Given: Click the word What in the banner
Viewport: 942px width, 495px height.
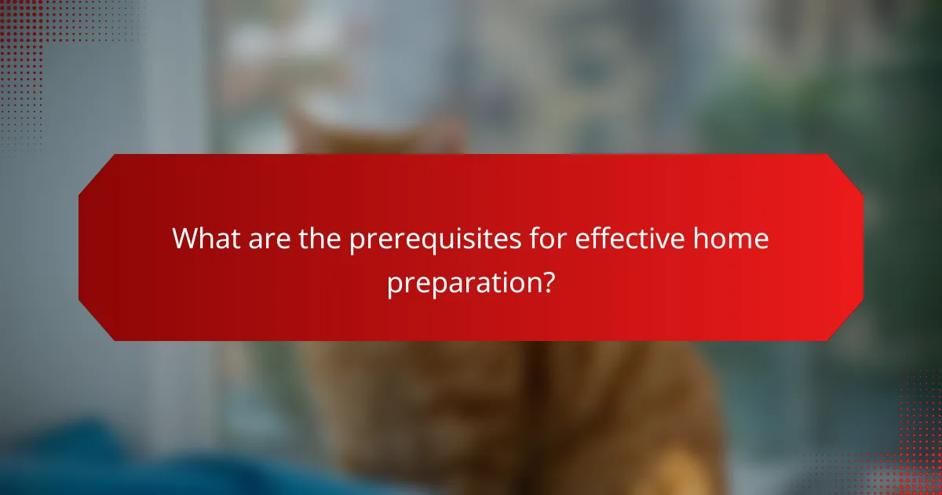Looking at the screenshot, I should pos(207,237).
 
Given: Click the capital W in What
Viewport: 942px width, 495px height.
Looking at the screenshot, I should pos(187,237).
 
